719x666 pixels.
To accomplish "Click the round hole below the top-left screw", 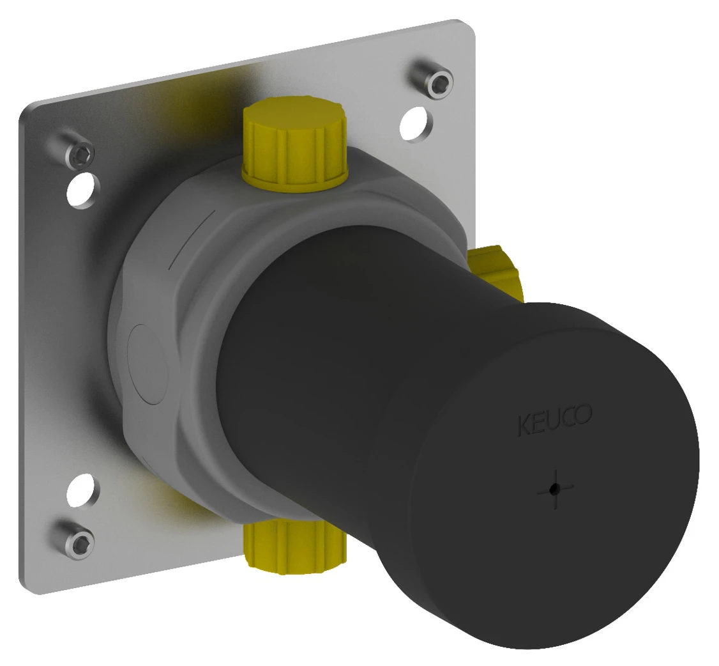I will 83,189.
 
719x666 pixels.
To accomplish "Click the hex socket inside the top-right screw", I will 439,83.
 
